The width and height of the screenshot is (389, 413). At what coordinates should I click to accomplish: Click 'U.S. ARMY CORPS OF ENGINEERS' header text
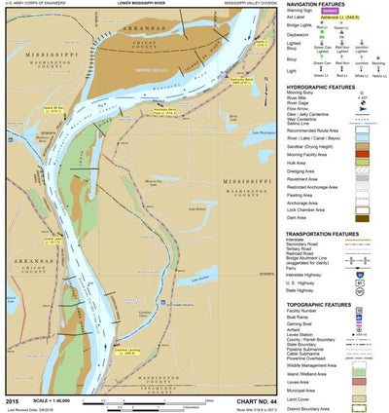point(39,4)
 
